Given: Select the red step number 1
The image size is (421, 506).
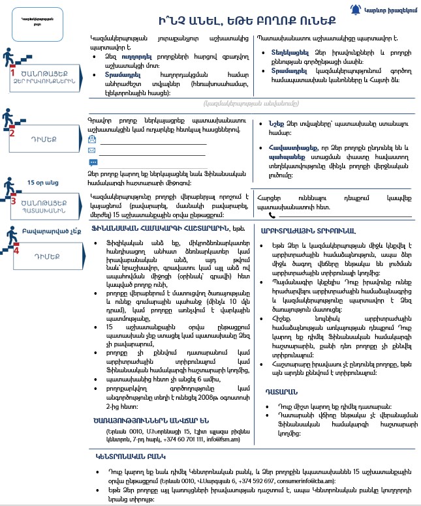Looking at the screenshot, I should click(12, 73).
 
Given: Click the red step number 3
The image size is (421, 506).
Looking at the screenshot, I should click(12, 201).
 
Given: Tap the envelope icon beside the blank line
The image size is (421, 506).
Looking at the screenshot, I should click(93, 151).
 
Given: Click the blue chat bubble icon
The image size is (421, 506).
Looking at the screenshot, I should click(93, 162).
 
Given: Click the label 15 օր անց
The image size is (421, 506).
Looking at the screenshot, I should click(40, 183).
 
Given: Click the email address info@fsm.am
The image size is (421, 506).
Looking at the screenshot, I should click(226, 439).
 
